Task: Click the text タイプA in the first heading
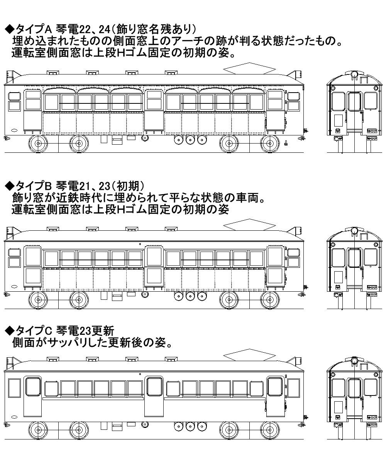(x=31, y=29)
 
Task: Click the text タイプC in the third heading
(x=31, y=330)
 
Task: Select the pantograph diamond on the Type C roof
(x=249, y=356)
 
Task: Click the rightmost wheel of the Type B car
(x=269, y=300)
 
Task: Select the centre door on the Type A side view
(x=154, y=112)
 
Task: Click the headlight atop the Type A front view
(x=354, y=74)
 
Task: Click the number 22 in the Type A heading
(x=79, y=29)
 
